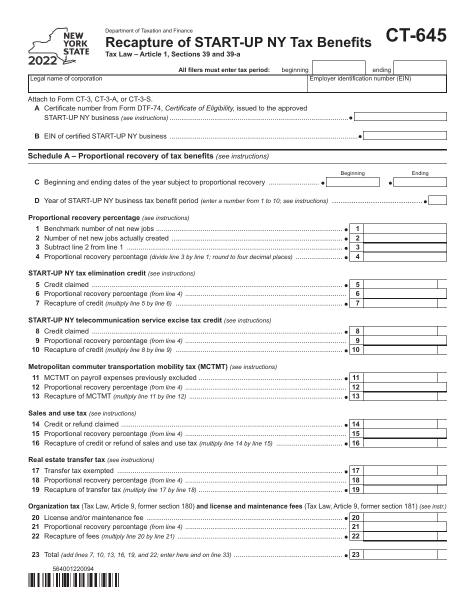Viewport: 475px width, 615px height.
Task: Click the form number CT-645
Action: (415, 36)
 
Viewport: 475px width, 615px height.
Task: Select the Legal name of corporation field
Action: (167, 84)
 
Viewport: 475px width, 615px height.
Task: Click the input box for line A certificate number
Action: (400, 117)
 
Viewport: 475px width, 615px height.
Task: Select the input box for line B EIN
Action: (405, 136)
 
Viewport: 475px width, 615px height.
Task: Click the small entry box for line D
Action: (438, 200)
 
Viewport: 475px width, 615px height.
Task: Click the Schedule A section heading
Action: (120, 156)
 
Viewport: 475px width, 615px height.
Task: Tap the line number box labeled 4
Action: (357, 257)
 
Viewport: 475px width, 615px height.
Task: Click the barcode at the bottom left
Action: (73, 579)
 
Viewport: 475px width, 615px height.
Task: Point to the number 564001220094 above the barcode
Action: (73, 568)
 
